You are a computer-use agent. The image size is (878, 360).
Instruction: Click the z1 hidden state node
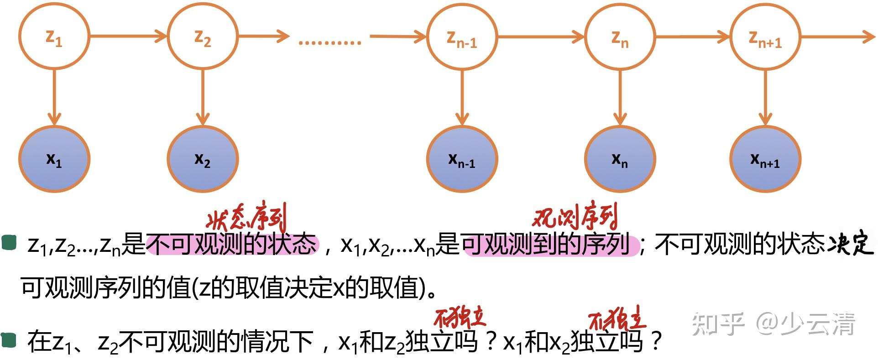pyautogui.click(x=54, y=37)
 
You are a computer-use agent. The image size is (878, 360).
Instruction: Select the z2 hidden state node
pyautogui.click(x=203, y=37)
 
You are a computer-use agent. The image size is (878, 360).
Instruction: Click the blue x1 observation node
pyautogui.click(x=54, y=159)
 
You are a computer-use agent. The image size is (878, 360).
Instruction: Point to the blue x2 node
pyautogui.click(x=203, y=159)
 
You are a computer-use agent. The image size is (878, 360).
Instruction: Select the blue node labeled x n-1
pyautogui.click(x=461, y=159)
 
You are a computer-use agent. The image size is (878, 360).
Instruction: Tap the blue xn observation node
pyautogui.click(x=619, y=159)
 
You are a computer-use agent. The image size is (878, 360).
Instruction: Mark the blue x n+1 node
pyautogui.click(x=765, y=159)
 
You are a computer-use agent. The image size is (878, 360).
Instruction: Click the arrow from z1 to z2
pyautogui.click(x=128, y=36)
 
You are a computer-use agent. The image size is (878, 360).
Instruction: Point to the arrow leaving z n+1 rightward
pyautogui.click(x=837, y=37)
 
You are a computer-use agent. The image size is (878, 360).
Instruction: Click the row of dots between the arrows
pyautogui.click(x=329, y=43)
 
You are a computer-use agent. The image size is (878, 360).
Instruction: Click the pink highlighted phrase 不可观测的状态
pyautogui.click(x=232, y=244)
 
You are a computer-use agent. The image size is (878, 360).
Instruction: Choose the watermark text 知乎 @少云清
pyautogui.click(x=773, y=324)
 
